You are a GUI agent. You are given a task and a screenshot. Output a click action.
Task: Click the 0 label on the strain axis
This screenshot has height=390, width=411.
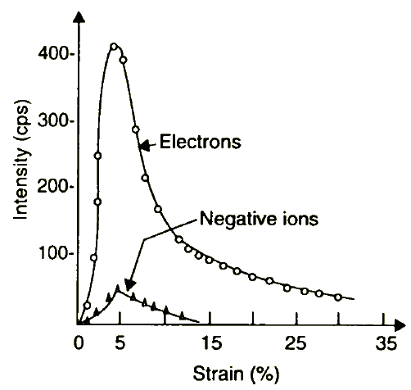coord(79,342)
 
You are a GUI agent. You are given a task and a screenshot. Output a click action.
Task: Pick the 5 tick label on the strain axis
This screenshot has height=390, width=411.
coord(120,342)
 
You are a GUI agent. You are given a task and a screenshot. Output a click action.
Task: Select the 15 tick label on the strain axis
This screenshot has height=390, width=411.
coord(212,342)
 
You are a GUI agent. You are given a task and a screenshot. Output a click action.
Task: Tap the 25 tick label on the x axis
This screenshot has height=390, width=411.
coord(296,342)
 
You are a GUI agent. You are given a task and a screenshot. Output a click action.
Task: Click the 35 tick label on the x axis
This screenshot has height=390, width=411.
coord(386,342)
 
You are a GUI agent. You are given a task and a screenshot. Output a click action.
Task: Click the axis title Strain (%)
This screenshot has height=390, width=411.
coord(237,374)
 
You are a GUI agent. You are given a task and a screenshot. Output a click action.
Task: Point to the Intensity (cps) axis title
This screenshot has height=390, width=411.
coord(21,160)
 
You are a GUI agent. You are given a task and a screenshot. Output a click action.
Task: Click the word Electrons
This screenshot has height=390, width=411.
coord(201,142)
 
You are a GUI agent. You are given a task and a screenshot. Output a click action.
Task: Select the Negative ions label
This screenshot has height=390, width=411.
coord(259,219)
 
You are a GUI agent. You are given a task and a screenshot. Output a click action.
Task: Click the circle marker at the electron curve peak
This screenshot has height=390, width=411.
coord(114,47)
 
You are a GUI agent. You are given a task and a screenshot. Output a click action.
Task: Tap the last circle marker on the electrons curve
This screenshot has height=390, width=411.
coord(338,297)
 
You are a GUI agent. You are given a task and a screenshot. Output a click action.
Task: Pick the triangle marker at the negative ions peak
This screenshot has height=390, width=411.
coord(118,288)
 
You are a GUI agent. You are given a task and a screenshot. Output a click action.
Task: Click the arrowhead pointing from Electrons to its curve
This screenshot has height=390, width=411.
coord(144,145)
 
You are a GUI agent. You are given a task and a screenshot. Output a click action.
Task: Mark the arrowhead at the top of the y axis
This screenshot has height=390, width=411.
coord(79,17)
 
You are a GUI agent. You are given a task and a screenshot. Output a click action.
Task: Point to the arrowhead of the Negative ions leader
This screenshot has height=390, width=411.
coord(130,285)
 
